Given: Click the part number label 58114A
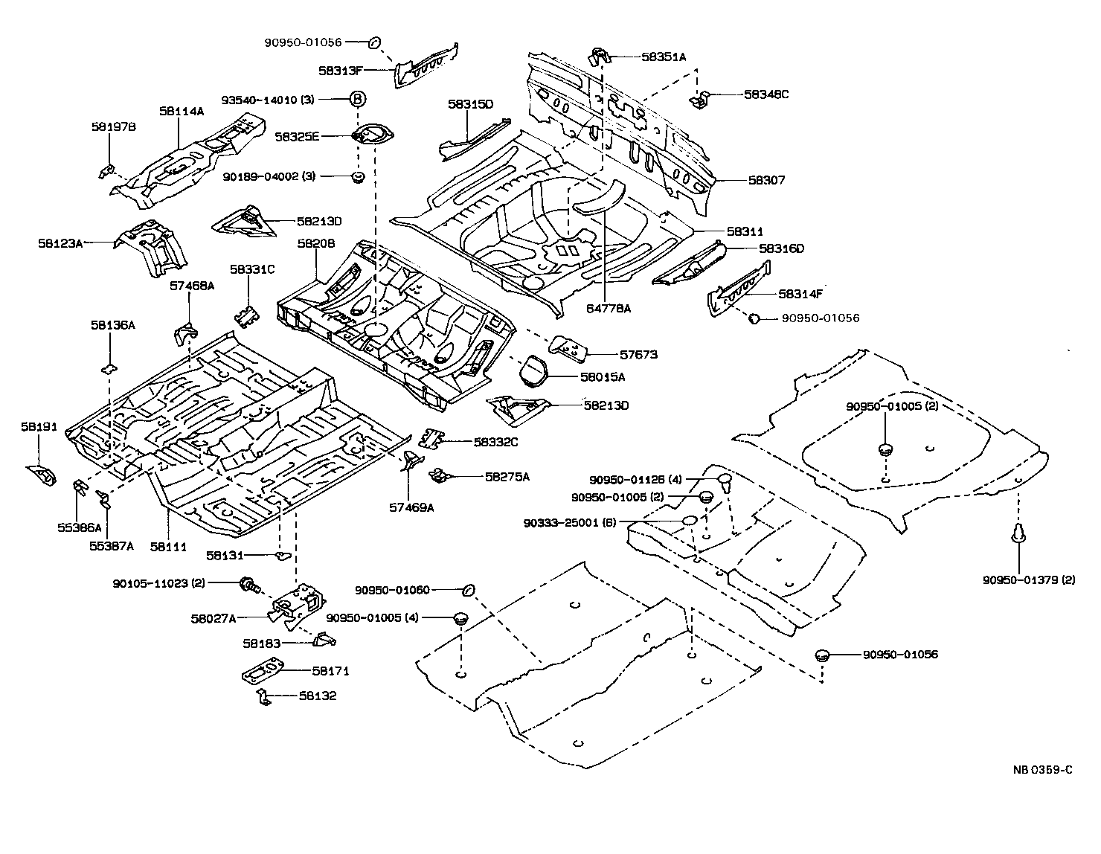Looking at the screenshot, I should point(181,112).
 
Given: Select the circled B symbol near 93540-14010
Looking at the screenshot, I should point(358,99).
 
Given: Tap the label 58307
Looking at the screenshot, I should point(766,180).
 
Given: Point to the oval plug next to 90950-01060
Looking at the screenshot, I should point(468,590).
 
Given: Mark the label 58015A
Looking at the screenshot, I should point(603,377).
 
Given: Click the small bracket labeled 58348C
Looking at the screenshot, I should point(699,98).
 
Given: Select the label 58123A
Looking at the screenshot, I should point(60,243).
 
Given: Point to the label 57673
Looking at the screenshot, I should point(638,355).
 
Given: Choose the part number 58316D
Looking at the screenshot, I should point(782,248).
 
